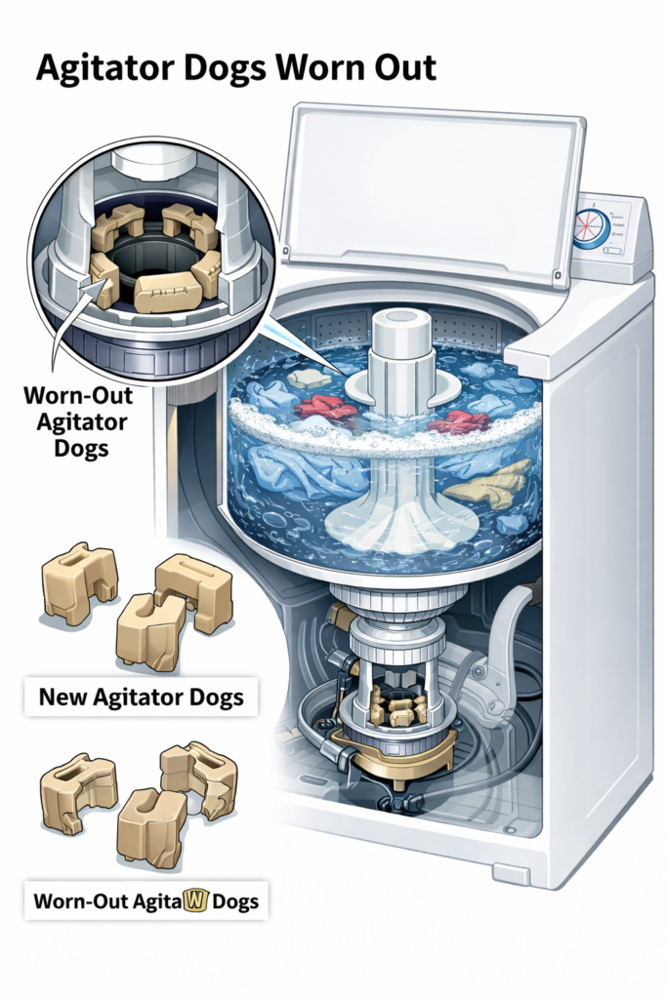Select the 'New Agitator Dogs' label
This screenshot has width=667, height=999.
141,698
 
